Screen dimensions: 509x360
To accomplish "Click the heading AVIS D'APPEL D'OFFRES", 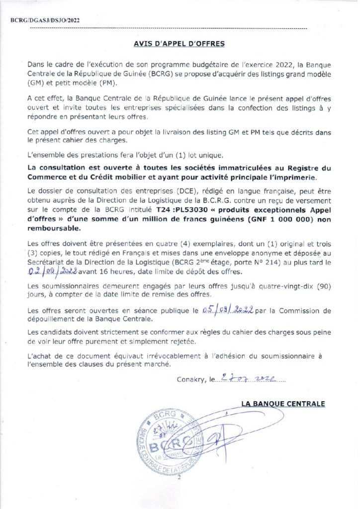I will pyautogui.click(x=180, y=44).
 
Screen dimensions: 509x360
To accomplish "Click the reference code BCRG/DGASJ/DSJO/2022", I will pyautogui.click(x=44, y=20).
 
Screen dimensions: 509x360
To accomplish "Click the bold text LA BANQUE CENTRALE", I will pyautogui.click(x=283, y=404).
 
